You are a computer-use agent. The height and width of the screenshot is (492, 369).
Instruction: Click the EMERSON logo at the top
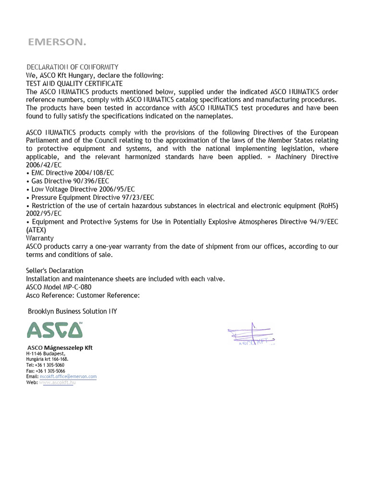tap(57, 43)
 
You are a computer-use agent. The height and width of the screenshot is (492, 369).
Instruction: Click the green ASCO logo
tap(54, 330)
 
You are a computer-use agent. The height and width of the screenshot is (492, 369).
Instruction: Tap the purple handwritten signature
tap(251, 334)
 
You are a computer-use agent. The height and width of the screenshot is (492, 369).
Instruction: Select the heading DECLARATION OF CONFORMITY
tap(72, 67)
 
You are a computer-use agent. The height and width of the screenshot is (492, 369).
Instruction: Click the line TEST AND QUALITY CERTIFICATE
tap(74, 84)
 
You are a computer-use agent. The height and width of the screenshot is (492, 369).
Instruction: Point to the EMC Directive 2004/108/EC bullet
tap(70, 172)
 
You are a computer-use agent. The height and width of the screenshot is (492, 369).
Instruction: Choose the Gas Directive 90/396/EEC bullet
tap(68, 181)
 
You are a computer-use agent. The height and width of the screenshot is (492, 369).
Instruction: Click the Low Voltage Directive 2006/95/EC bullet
tap(81, 189)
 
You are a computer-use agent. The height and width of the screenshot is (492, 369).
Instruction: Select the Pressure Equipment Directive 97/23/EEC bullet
tap(90, 197)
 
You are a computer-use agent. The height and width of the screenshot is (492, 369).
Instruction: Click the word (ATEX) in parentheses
tap(36, 230)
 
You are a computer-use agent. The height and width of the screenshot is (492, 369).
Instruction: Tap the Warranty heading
tap(40, 238)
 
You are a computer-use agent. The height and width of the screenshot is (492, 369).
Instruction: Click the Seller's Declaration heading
tap(54, 271)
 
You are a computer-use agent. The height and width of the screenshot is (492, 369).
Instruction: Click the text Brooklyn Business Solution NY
tap(72, 311)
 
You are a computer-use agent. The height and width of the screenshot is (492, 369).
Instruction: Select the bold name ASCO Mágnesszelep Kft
tap(60, 347)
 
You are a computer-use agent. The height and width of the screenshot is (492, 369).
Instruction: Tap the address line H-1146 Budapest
tap(45, 354)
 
